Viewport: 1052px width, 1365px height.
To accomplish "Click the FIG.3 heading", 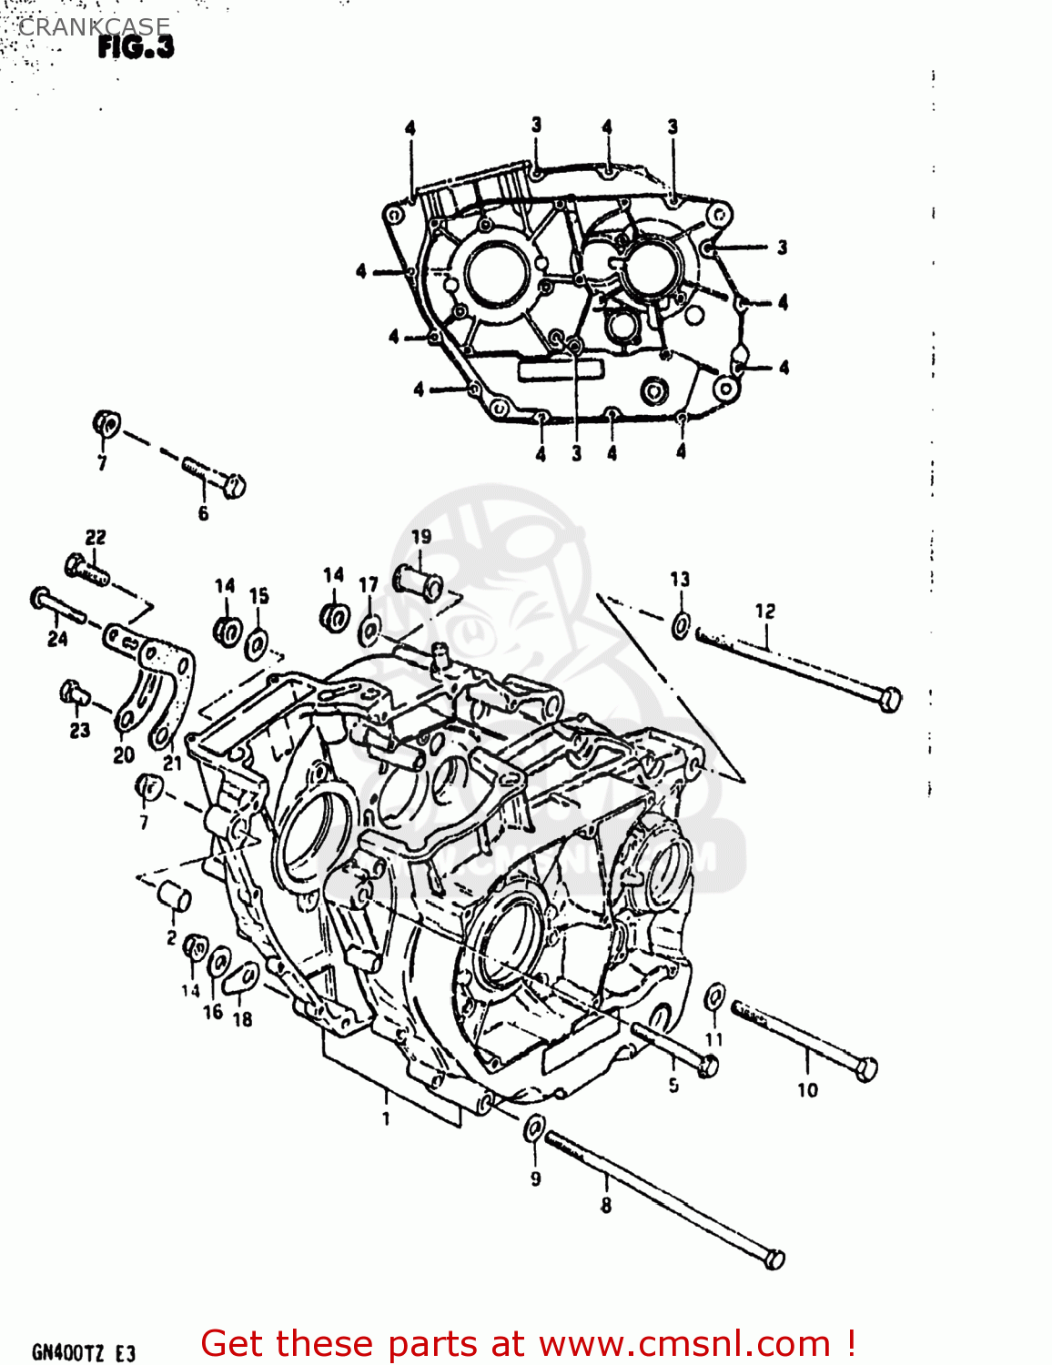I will (136, 47).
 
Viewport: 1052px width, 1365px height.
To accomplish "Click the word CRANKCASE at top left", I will (94, 27).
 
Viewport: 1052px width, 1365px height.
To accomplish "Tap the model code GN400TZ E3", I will (84, 1352).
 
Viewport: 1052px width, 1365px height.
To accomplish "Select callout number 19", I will (420, 537).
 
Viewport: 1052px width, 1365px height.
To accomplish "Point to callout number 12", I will (764, 612).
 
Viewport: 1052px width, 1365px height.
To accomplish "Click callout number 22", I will (96, 538).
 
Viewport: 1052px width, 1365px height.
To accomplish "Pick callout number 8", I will (605, 1206).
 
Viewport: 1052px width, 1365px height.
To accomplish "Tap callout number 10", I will (807, 1089).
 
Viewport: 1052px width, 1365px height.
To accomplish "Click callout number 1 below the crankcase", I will (386, 1118).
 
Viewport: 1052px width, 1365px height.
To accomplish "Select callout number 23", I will (80, 730).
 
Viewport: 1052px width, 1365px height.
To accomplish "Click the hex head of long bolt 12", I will (891, 700).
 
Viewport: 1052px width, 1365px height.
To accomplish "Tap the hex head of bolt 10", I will (866, 1069).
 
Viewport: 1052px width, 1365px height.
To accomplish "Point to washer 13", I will (681, 625).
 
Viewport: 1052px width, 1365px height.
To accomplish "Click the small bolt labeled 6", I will (217, 476).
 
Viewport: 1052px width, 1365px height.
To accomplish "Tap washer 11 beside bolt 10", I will (716, 996).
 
